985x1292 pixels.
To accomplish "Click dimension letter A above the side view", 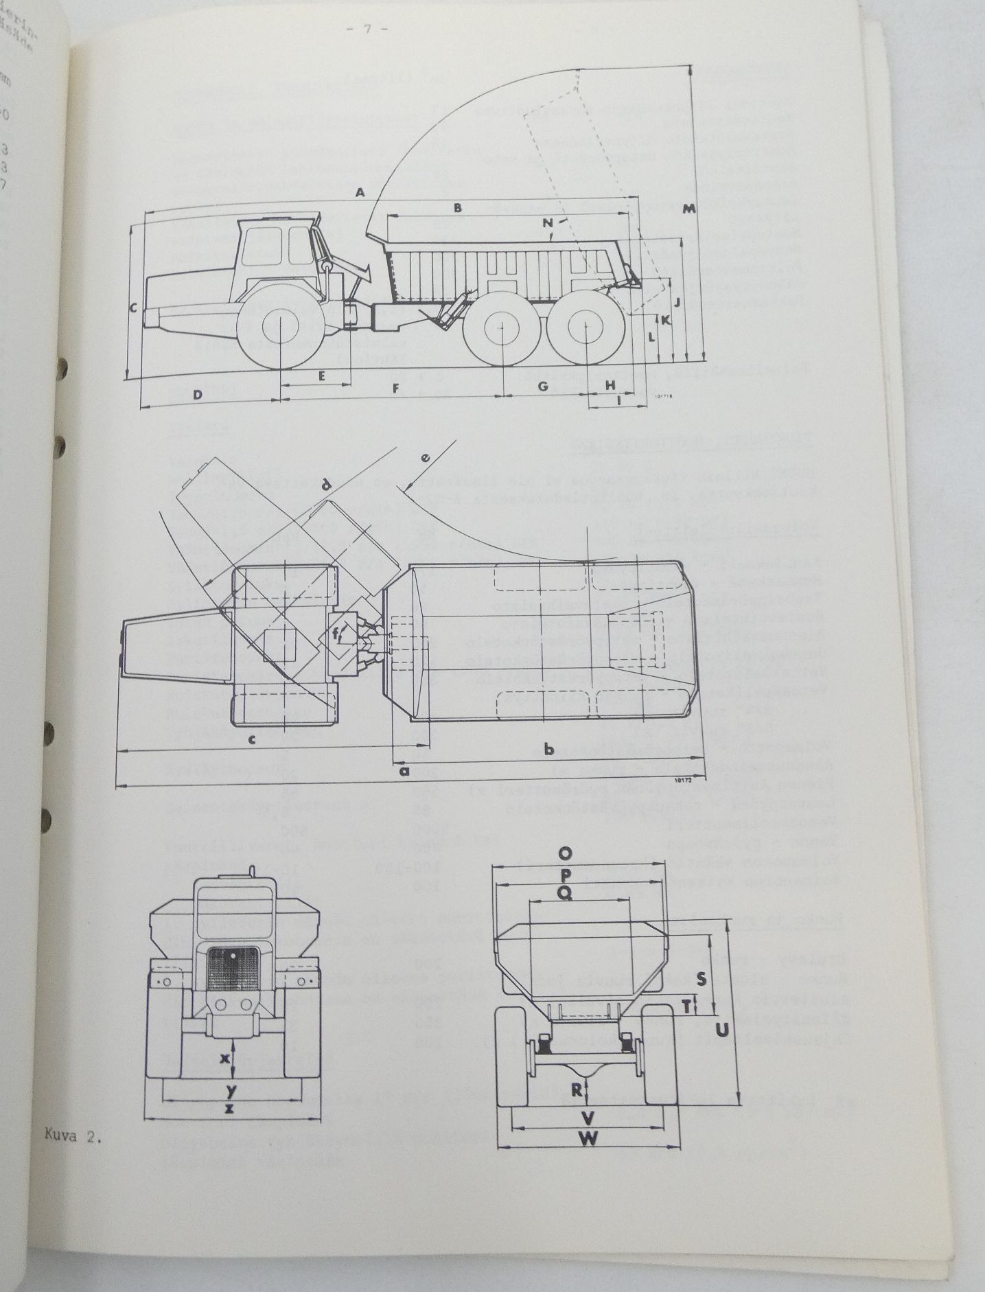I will point(359,194).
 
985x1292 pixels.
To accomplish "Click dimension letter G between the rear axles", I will point(543,387).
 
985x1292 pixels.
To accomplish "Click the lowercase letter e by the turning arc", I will point(426,458).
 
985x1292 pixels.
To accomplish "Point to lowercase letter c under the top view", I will point(252,739).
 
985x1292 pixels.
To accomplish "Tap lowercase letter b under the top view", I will point(548,749).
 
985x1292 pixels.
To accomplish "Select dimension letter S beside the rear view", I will point(701,980).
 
